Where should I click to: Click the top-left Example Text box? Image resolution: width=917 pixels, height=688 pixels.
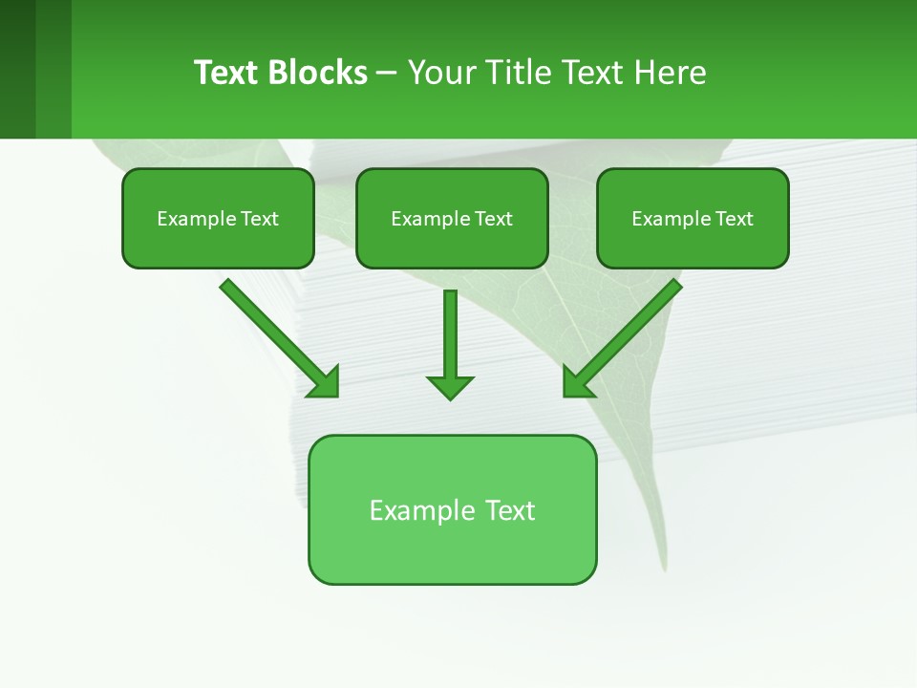point(218,219)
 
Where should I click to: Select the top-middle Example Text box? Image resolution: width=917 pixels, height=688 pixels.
point(452,219)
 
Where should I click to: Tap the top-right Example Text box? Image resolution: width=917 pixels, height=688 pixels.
point(693,219)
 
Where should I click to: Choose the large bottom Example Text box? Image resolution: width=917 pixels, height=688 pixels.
point(452,509)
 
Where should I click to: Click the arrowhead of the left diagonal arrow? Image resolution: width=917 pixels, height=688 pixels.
point(325,382)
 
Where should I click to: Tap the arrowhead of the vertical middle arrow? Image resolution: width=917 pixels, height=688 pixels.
point(450,387)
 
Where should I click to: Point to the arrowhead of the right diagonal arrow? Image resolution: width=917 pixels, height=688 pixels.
point(577,382)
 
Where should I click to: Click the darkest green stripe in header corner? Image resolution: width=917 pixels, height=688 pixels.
point(17,69)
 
